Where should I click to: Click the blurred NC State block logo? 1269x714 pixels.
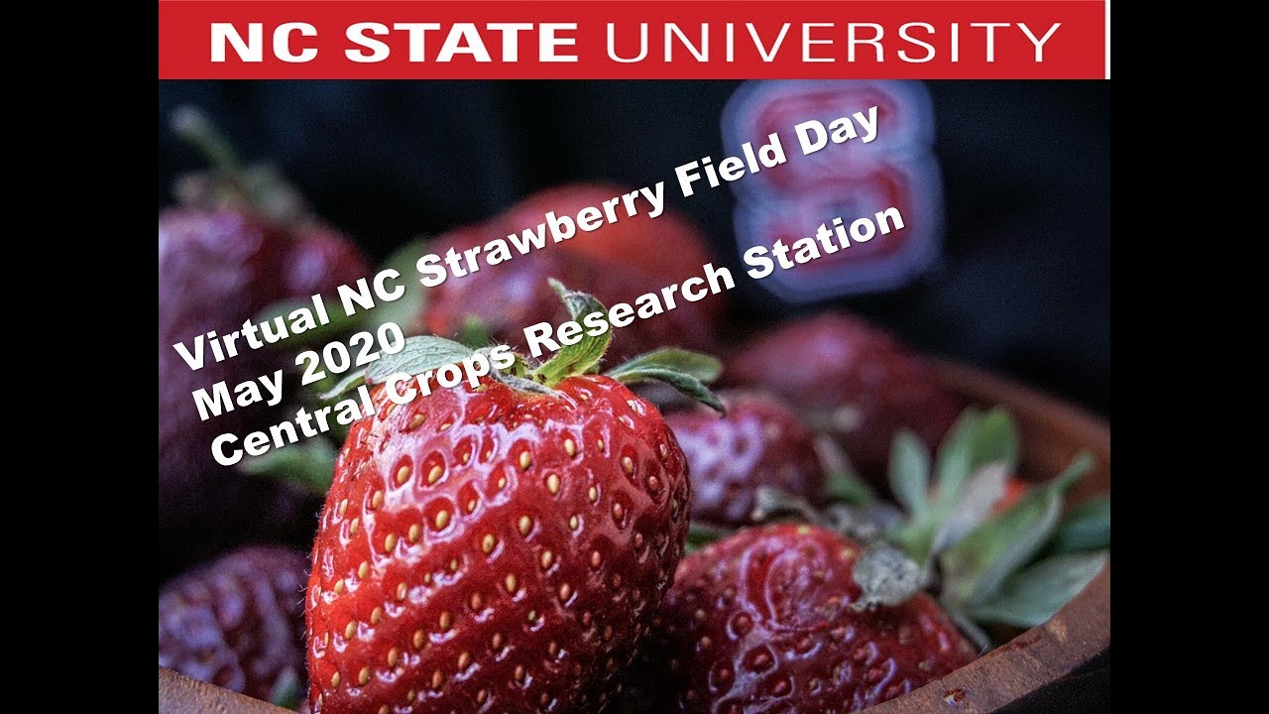click(x=833, y=188)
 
